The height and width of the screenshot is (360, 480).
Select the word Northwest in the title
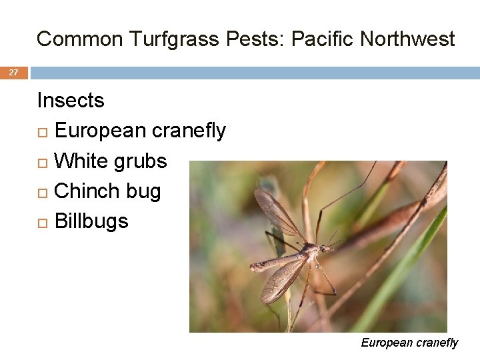(x=407, y=39)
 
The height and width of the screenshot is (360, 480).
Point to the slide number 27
(x=13, y=73)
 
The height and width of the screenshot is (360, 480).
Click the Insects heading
(x=71, y=101)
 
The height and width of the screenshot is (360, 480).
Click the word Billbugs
(x=91, y=221)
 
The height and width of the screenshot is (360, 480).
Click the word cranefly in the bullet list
(x=189, y=131)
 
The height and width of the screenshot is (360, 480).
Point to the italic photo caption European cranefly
(x=409, y=343)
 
